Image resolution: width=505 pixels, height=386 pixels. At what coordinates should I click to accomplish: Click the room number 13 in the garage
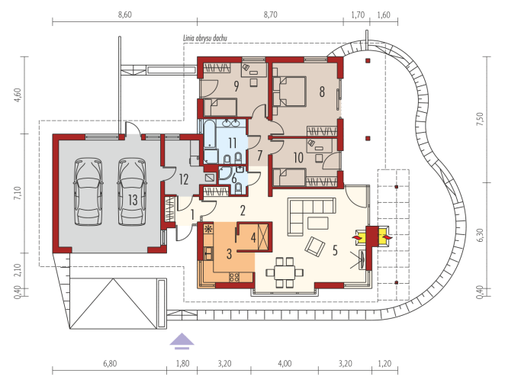[133, 200]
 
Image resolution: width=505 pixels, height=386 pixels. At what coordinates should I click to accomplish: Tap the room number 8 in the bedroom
[322, 92]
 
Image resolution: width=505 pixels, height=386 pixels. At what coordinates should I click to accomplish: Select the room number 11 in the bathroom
[232, 143]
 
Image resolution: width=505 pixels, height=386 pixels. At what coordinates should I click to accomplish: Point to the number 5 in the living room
[335, 250]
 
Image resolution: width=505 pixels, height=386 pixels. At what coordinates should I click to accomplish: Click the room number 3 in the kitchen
[229, 254]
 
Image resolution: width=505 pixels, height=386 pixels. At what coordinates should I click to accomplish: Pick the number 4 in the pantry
[253, 238]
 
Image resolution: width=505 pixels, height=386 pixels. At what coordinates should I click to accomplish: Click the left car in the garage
[88, 191]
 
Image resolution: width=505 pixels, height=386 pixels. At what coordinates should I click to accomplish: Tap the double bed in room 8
[289, 91]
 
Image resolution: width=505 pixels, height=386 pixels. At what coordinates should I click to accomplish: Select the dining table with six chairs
[285, 272]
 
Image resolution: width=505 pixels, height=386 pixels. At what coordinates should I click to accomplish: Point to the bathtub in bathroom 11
[210, 135]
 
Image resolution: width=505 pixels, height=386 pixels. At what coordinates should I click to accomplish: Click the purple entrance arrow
[182, 341]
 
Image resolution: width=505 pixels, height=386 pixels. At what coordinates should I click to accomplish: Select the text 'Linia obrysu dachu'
[205, 38]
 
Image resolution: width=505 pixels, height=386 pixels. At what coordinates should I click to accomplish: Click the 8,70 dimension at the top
[270, 14]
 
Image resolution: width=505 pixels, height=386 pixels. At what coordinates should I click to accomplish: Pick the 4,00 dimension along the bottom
[285, 364]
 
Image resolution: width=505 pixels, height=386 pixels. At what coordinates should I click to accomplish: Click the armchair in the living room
[314, 246]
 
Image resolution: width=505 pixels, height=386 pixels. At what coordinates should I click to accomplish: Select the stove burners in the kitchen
[234, 277]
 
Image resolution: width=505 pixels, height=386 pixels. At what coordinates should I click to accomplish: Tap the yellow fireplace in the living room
[372, 237]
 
